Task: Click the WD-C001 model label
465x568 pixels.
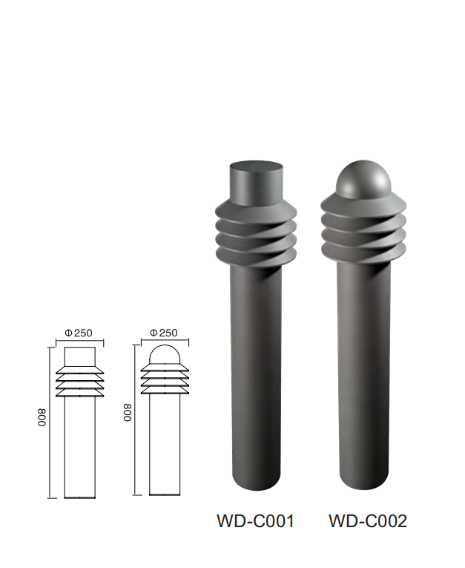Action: pyautogui.click(x=255, y=521)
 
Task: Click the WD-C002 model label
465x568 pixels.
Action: pyautogui.click(x=368, y=521)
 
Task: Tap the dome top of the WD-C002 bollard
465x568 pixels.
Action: pyautogui.click(x=363, y=177)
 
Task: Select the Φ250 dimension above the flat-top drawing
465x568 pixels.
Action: pyautogui.click(x=79, y=333)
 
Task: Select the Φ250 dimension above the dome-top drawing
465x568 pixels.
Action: pyautogui.click(x=164, y=333)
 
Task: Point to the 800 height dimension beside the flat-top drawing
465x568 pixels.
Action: pyautogui.click(x=43, y=418)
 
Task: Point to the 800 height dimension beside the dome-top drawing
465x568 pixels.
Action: pyautogui.click(x=128, y=413)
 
